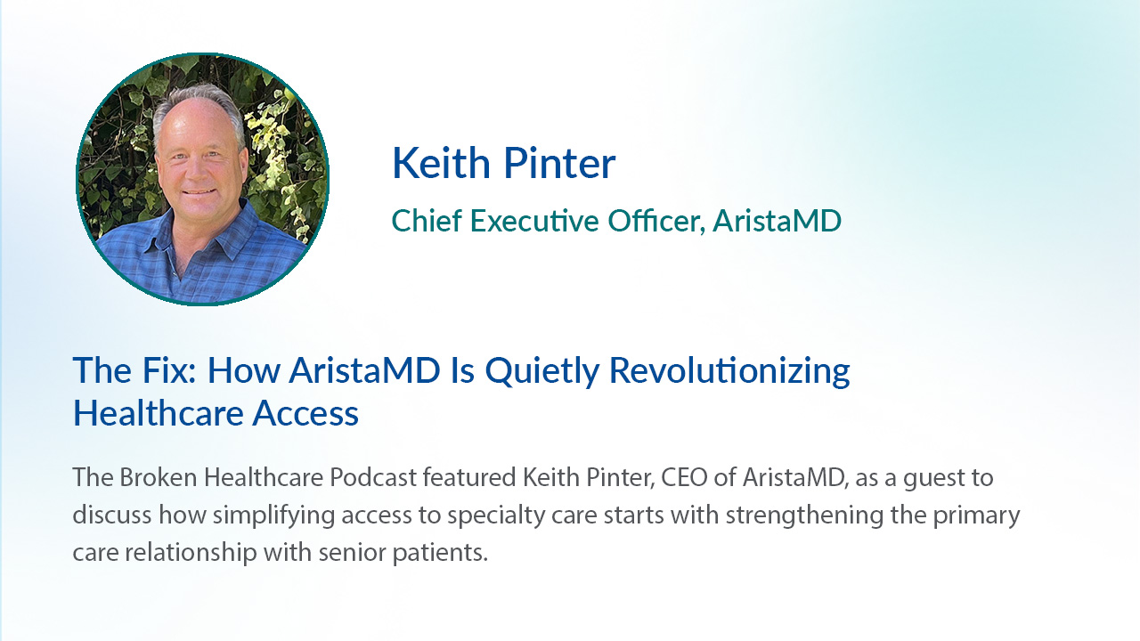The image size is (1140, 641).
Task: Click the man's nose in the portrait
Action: (197, 169)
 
